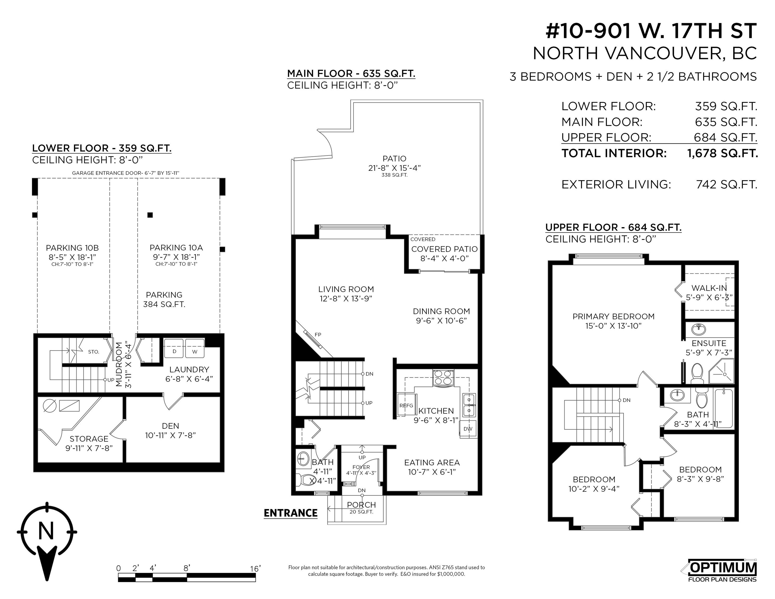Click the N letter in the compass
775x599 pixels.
click(46, 531)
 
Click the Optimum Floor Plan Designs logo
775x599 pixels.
click(722, 571)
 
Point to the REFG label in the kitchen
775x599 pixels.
click(406, 406)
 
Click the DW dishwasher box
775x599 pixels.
click(468, 429)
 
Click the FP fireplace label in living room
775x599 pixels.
click(318, 335)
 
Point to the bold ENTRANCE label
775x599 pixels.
click(291, 513)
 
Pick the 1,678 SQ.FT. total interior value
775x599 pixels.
click(722, 153)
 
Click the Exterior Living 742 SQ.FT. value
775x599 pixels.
click(727, 185)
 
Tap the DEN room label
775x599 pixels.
click(170, 426)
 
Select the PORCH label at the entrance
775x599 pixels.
click(361, 505)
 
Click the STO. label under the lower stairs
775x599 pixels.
click(93, 352)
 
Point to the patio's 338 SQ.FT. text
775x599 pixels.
click(394, 175)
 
